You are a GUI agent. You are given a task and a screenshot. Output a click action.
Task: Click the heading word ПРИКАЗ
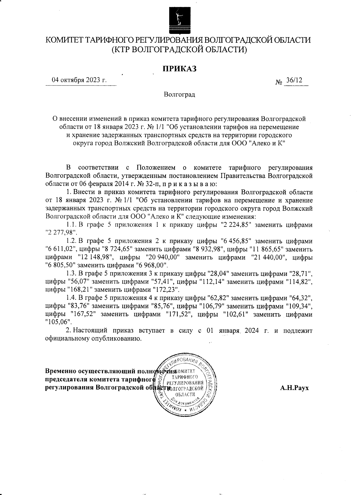pos(179,69)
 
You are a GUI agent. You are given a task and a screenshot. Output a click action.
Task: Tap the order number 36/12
pos(294,80)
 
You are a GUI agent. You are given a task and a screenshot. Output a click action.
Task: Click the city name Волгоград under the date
pos(179,95)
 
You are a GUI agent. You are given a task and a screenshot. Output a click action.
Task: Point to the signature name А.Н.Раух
pos(294,388)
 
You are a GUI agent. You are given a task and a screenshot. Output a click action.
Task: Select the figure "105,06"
pos(58,322)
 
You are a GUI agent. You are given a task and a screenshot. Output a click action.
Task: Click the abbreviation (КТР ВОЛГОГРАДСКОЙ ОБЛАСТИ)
pos(179,50)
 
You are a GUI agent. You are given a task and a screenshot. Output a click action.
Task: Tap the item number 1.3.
pos(71,274)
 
